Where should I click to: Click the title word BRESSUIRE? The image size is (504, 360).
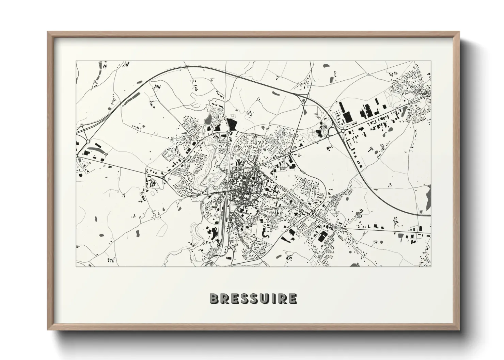[253, 298]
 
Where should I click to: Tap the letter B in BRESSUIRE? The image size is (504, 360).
[214, 298]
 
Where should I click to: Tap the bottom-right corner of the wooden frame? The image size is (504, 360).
[459, 329]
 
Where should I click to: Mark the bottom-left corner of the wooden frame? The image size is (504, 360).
[48, 329]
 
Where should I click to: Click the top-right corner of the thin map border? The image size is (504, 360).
[430, 61]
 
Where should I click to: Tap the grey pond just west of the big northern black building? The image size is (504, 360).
[208, 119]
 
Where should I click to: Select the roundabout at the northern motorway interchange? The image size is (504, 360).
[303, 104]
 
